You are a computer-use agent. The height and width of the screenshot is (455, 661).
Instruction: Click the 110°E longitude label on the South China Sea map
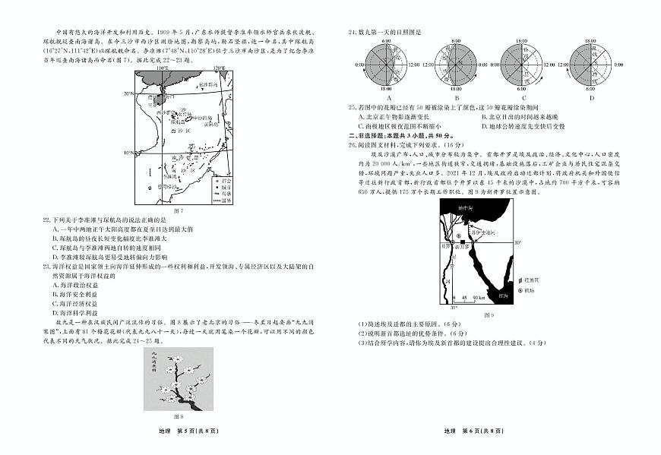click(161, 68)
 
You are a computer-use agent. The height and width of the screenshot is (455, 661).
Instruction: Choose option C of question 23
click(55, 302)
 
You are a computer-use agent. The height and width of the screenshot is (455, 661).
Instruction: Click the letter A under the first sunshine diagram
click(388, 98)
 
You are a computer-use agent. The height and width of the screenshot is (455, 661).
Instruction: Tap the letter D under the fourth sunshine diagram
click(591, 98)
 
